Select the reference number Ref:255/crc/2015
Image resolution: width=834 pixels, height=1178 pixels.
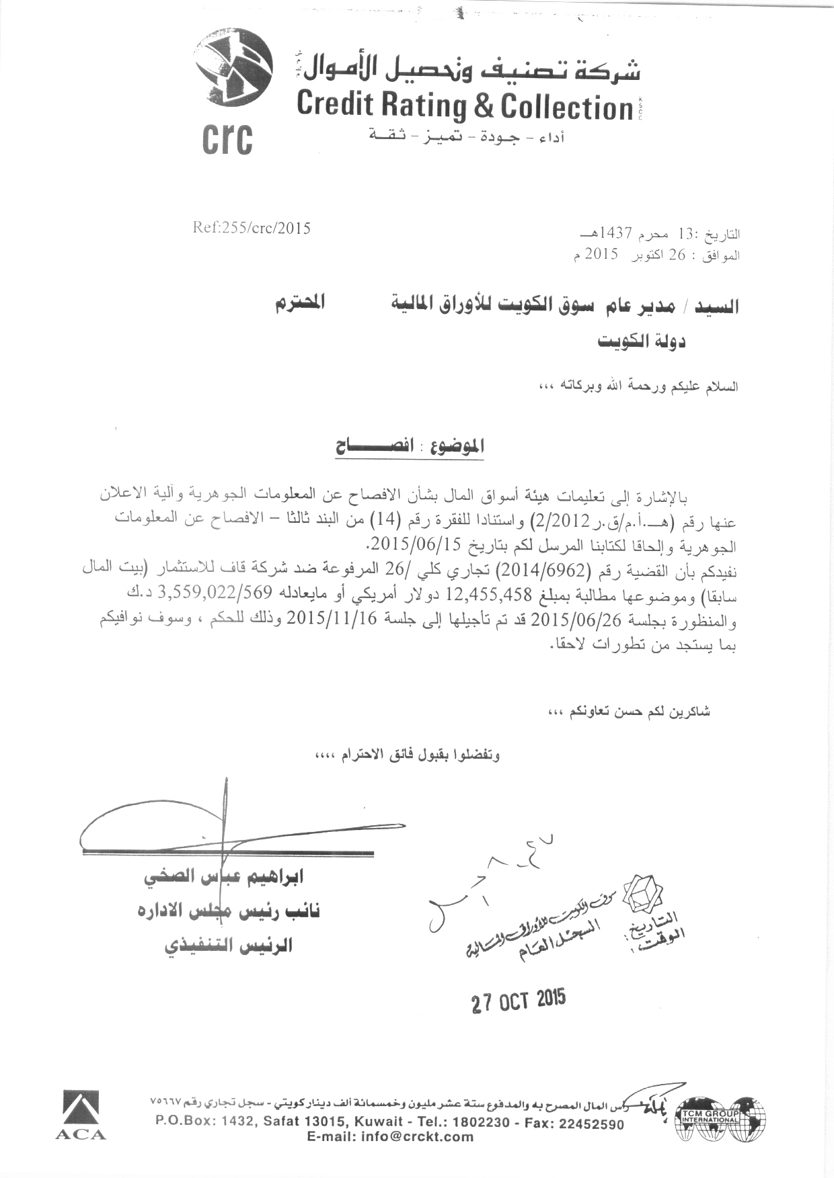click(252, 228)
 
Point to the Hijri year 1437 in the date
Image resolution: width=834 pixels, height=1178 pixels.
click(613, 234)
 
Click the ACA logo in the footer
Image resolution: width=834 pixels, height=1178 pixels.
click(81, 1115)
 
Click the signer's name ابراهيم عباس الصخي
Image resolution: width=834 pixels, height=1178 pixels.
click(224, 876)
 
